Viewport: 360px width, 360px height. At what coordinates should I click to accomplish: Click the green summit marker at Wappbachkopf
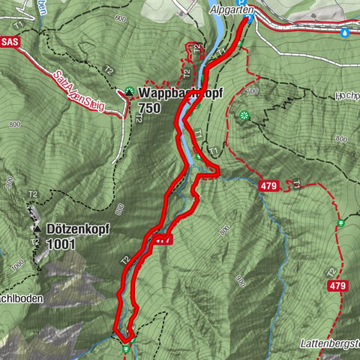coord(129,92)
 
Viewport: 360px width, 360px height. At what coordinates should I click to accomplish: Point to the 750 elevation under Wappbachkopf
coord(149,109)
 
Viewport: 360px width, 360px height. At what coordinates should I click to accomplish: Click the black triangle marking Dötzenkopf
coord(35,227)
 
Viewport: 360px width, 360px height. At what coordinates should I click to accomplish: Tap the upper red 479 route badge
coord(271,184)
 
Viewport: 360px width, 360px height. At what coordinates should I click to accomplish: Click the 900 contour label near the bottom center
coord(239,281)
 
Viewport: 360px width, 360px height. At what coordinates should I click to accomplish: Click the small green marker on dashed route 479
coord(340,223)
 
